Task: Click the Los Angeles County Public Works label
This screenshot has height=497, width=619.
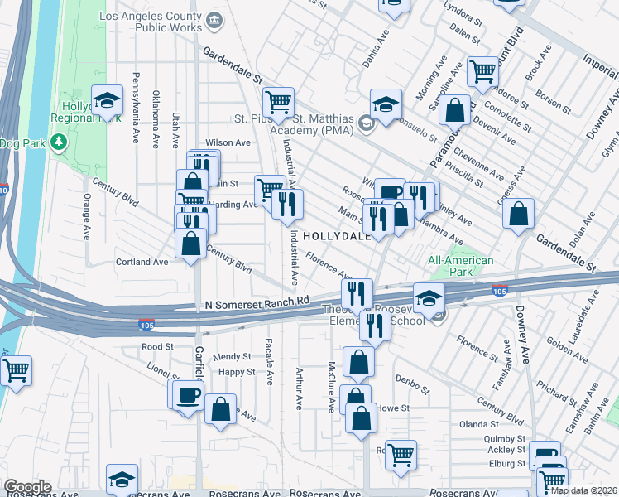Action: pyautogui.click(x=150, y=22)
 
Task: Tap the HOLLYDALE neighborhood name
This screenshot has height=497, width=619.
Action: pyautogui.click(x=336, y=236)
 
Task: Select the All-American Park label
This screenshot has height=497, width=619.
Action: pyautogui.click(x=460, y=267)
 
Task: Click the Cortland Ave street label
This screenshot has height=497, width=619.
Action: pyautogui.click(x=142, y=262)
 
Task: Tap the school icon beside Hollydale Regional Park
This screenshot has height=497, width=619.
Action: pyautogui.click(x=107, y=101)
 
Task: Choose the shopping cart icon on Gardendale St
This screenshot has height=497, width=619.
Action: pyautogui.click(x=279, y=103)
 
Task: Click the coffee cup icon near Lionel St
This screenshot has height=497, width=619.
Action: pyautogui.click(x=189, y=394)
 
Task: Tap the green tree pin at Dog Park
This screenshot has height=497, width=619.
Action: pyautogui.click(x=58, y=142)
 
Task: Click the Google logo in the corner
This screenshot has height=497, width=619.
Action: pyautogui.click(x=26, y=487)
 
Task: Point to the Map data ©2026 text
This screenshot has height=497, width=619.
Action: pyautogui.click(x=583, y=490)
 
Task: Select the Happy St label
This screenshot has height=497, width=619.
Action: pyautogui.click(x=237, y=372)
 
